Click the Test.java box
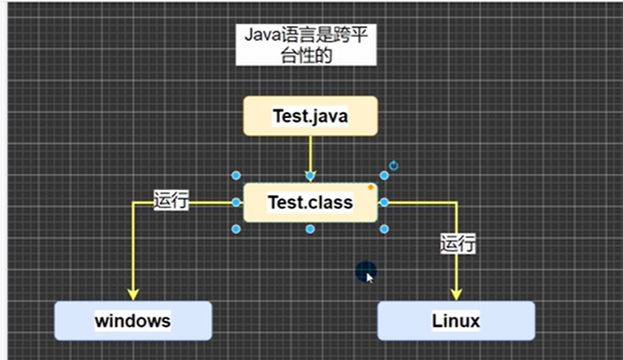[310, 116]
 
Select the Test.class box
[310, 203]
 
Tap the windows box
[132, 321]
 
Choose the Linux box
[455, 321]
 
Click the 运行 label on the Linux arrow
[457, 244]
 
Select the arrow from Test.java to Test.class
[310, 154]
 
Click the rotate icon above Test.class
[393, 166]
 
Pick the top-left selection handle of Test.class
[236, 176]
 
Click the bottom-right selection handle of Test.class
[384, 229]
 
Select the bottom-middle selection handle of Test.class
[310, 229]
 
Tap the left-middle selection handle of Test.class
[236, 202]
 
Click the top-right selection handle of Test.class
[384, 176]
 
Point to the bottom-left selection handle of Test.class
[236, 229]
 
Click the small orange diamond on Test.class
[370, 187]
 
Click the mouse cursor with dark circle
[366, 272]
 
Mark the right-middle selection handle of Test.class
[384, 202]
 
